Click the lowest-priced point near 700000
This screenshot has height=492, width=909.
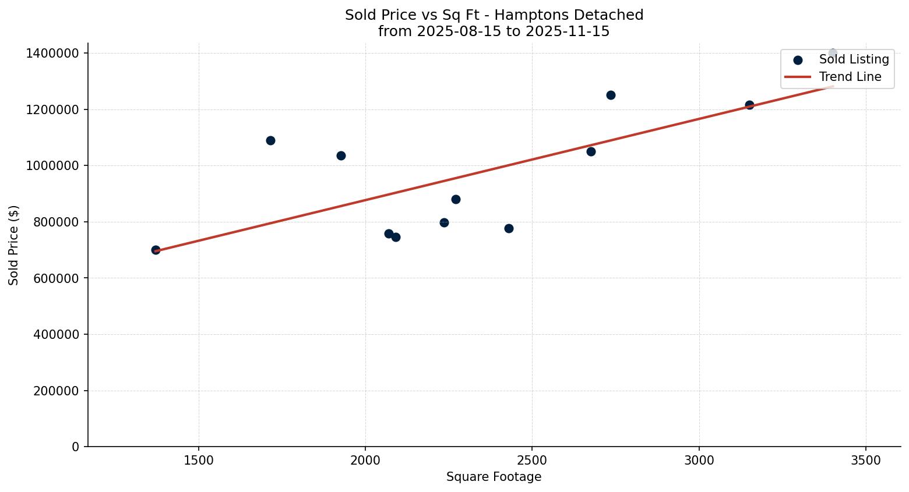pos(156,250)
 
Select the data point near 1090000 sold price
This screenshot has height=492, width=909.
pos(270,140)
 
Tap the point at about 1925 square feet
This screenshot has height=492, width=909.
pos(341,155)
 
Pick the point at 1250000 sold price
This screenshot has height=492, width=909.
pos(611,95)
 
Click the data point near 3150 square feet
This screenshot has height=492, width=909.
pos(749,105)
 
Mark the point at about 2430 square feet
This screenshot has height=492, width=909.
pos(509,228)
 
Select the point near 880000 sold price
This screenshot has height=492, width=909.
pos(456,199)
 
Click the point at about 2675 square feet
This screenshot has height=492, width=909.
pos(591,151)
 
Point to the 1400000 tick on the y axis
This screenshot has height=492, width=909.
pos(53,53)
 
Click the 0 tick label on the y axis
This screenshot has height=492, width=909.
pos(76,447)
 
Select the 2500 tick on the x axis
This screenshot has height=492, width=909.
pos(532,460)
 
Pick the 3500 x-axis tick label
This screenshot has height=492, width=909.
pos(866,460)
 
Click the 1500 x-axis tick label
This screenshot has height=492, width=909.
pos(199,460)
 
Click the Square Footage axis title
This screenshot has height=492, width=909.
pos(494,477)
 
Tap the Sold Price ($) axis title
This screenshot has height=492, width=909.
pos(13,245)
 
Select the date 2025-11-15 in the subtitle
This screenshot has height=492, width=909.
pos(568,31)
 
